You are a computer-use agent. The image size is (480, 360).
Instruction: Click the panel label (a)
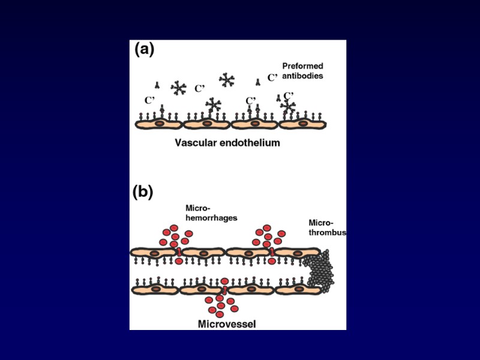144,50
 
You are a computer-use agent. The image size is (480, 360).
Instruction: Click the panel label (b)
143,193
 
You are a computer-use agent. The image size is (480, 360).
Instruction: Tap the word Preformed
303,66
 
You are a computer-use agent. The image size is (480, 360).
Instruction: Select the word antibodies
303,76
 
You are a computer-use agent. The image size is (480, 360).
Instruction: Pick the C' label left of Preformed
272,77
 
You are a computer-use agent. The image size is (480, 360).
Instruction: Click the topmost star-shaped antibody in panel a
227,79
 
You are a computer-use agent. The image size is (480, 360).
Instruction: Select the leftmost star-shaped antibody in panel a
178,88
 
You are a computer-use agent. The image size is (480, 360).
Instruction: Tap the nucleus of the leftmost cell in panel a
160,124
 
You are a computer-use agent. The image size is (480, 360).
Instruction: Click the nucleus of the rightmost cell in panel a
303,124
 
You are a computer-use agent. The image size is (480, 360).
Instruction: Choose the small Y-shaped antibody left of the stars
158,85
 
